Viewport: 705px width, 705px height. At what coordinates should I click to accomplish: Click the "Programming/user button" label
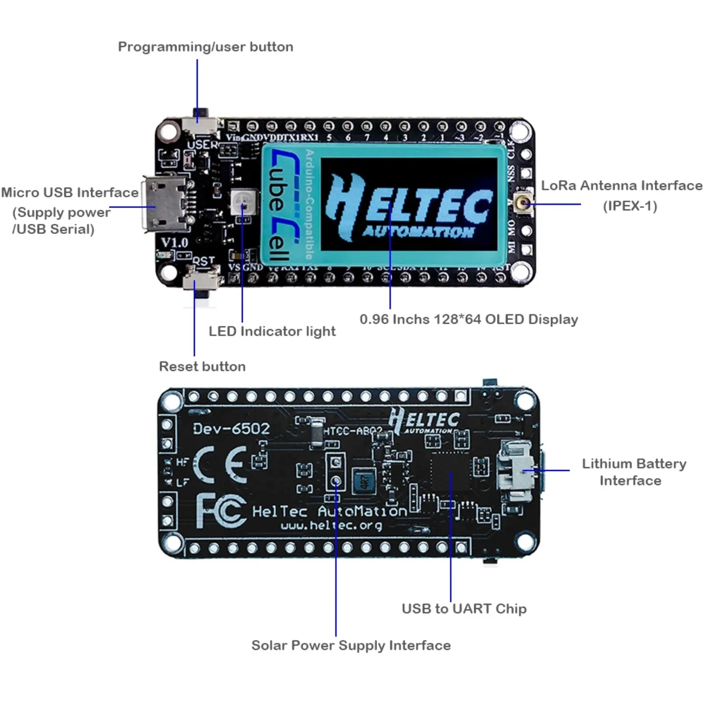click(205, 47)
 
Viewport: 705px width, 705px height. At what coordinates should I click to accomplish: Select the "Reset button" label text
click(202, 366)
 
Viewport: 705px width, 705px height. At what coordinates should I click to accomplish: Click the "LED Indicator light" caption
click(272, 331)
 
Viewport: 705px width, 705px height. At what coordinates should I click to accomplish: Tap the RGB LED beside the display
click(243, 201)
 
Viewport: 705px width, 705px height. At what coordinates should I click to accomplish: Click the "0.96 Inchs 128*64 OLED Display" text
click(468, 319)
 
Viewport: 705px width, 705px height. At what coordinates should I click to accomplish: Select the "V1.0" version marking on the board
click(174, 242)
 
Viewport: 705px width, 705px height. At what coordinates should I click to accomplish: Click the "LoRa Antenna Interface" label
click(621, 186)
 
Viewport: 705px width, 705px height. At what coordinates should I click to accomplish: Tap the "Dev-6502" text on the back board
click(231, 429)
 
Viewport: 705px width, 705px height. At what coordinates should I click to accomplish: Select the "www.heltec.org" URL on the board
click(331, 525)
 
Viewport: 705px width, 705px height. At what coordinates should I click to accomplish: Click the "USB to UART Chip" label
click(464, 609)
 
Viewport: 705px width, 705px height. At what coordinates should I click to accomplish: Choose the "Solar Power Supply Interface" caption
click(351, 645)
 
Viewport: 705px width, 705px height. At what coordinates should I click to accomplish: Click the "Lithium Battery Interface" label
click(634, 471)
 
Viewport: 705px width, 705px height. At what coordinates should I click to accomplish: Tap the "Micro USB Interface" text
click(70, 193)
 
